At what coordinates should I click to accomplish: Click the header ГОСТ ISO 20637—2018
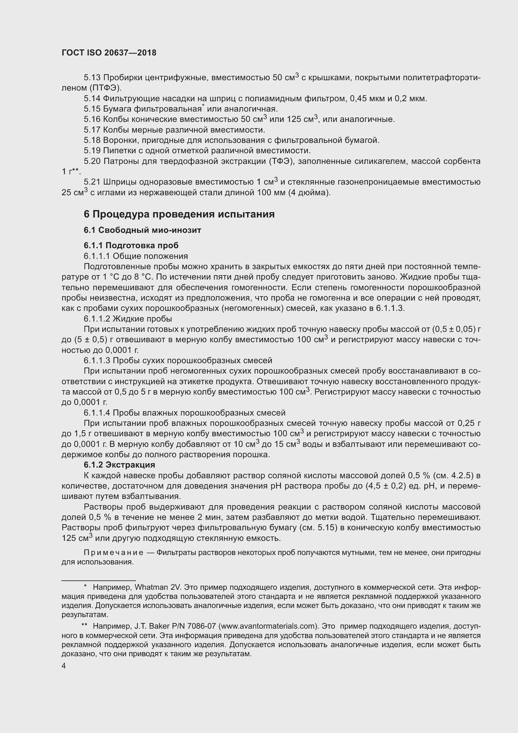pos(109,53)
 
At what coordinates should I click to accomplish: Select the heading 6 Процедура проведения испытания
pos(179,214)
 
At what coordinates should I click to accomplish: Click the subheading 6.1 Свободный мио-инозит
pos(142,230)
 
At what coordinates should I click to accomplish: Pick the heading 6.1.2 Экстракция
pos(119,464)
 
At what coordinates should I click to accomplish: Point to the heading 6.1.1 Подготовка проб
pos(131,245)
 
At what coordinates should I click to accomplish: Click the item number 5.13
pos(92,78)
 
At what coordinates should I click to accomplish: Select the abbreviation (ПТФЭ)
pos(106,88)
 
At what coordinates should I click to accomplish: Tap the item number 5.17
pos(92,130)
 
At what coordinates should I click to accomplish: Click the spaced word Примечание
pos(114,552)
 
